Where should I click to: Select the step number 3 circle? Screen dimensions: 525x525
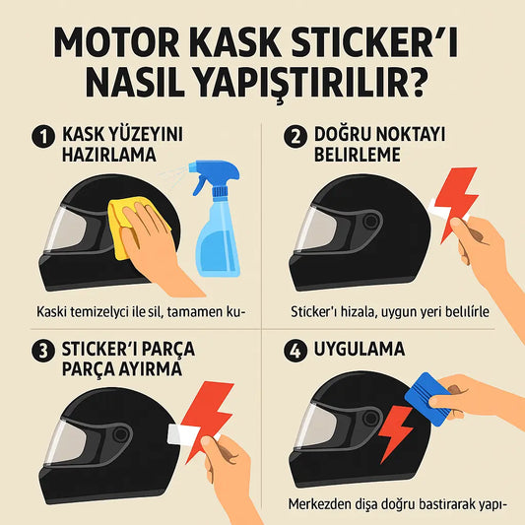click(x=40, y=350)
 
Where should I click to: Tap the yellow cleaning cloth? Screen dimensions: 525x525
click(x=128, y=223)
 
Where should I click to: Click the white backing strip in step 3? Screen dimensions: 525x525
click(x=184, y=434)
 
